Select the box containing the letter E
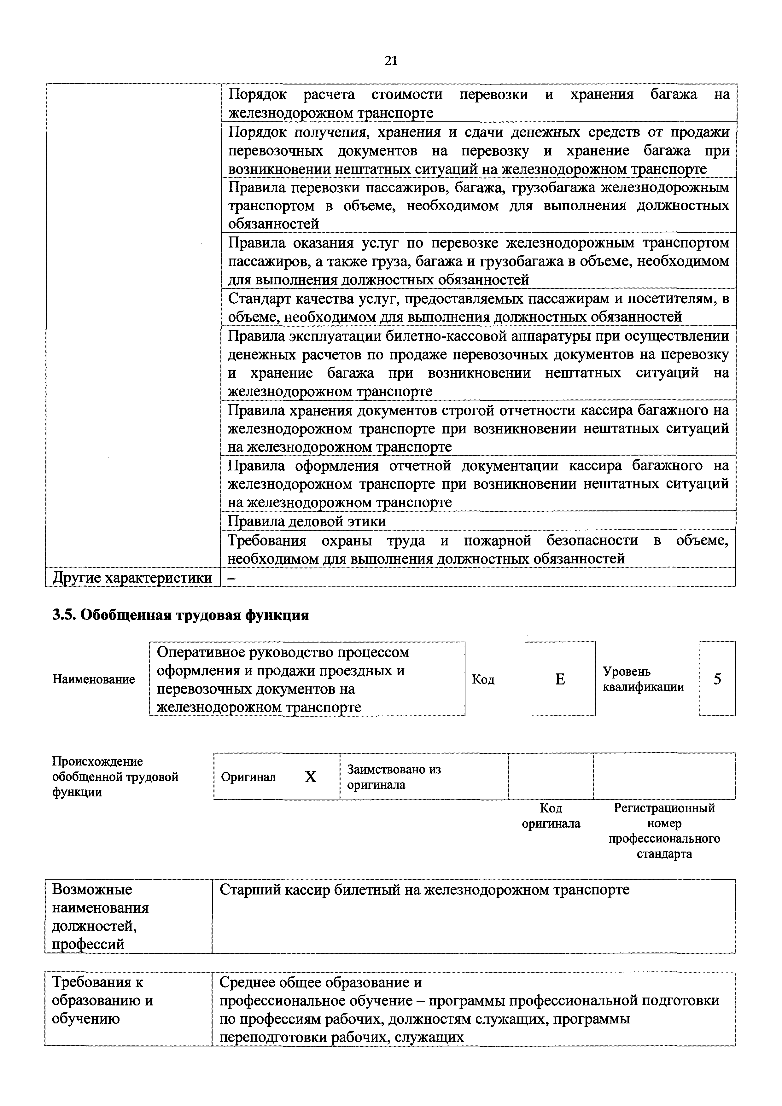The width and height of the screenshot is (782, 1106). [x=560, y=679]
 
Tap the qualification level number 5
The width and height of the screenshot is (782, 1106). [x=717, y=679]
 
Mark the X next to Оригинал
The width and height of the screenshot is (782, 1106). [x=311, y=777]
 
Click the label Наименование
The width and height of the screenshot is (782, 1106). [x=93, y=679]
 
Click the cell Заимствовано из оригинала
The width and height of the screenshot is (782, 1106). [x=393, y=777]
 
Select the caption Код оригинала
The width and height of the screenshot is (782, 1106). [x=551, y=816]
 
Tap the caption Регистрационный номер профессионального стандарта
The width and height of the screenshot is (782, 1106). [x=664, y=830]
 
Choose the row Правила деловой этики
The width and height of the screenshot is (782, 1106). [x=306, y=521]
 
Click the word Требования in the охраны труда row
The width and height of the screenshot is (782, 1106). [x=266, y=540]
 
